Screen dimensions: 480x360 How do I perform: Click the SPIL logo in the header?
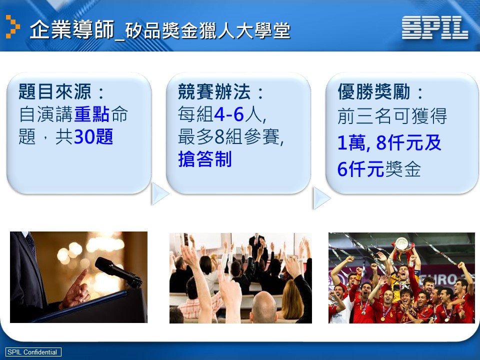coord(434,27)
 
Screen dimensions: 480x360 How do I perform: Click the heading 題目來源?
coord(55,91)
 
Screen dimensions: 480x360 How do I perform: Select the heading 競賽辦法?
coord(214,91)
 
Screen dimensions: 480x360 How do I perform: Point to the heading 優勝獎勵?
coord(374,91)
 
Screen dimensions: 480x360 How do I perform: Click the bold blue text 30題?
coord(93,136)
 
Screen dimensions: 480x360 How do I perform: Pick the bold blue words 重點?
coord(91,114)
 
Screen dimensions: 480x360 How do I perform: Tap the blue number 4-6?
coord(229,114)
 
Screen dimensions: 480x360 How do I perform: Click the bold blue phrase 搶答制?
coord(205,159)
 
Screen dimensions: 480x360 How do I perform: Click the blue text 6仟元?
coord(360,169)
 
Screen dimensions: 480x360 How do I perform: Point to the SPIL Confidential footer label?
coord(33,351)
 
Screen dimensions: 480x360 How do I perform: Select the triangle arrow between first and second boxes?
coord(159,194)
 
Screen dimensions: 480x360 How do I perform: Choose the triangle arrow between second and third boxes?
coord(321,198)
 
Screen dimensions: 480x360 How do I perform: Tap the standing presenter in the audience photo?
coord(256,244)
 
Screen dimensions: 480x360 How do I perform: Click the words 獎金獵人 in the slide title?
coord(198,31)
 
